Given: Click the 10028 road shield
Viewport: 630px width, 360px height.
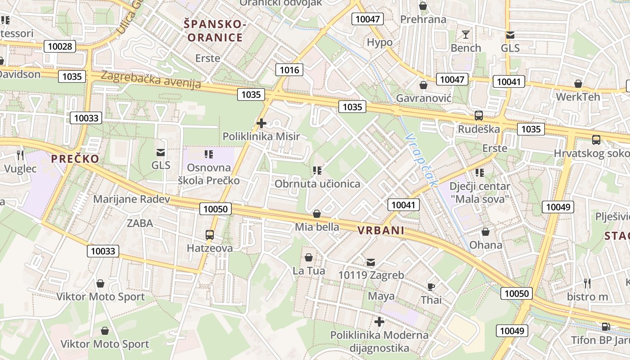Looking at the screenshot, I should (x=59, y=46).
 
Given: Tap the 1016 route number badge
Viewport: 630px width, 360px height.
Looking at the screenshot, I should (x=289, y=70).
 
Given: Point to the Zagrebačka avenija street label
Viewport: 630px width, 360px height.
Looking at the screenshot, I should (x=151, y=80).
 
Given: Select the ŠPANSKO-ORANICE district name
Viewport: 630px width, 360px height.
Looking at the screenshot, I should (x=215, y=31).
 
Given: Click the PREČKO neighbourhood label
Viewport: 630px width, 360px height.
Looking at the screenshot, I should (x=75, y=158).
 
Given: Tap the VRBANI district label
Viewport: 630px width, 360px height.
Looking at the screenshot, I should (x=381, y=231).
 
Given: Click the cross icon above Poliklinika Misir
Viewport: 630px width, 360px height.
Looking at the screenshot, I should (x=261, y=123).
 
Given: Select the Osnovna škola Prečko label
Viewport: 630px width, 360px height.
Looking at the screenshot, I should (x=209, y=174).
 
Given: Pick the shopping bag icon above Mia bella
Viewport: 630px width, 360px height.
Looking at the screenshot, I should (x=317, y=214).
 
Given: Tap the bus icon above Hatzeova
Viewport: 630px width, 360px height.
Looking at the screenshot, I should (x=210, y=234).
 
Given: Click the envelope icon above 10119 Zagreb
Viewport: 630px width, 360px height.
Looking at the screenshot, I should (x=371, y=262).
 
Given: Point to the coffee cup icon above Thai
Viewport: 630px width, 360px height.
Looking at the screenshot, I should (x=431, y=287).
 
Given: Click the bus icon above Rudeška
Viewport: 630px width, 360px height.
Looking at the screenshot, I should (x=478, y=116).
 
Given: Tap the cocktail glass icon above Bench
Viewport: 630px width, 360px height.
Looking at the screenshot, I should (x=465, y=35).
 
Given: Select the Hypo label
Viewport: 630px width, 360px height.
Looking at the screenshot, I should (x=380, y=42).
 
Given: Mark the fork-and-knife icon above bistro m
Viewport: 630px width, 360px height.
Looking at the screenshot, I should (x=587, y=283).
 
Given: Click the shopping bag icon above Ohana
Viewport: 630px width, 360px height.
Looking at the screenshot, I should (x=485, y=232).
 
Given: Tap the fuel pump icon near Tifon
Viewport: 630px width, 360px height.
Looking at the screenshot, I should (x=606, y=326).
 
